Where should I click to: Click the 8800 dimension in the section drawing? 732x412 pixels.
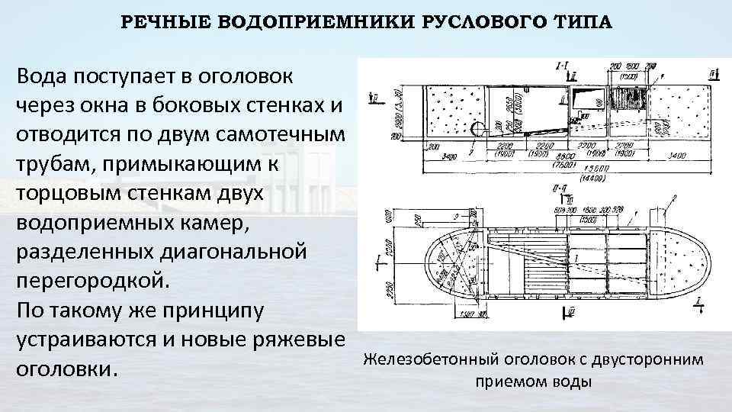tap(543, 153)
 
